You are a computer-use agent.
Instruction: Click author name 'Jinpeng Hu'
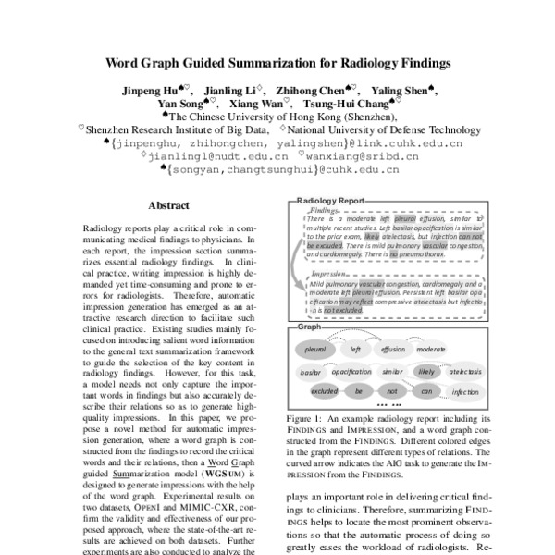[x=148, y=92]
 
